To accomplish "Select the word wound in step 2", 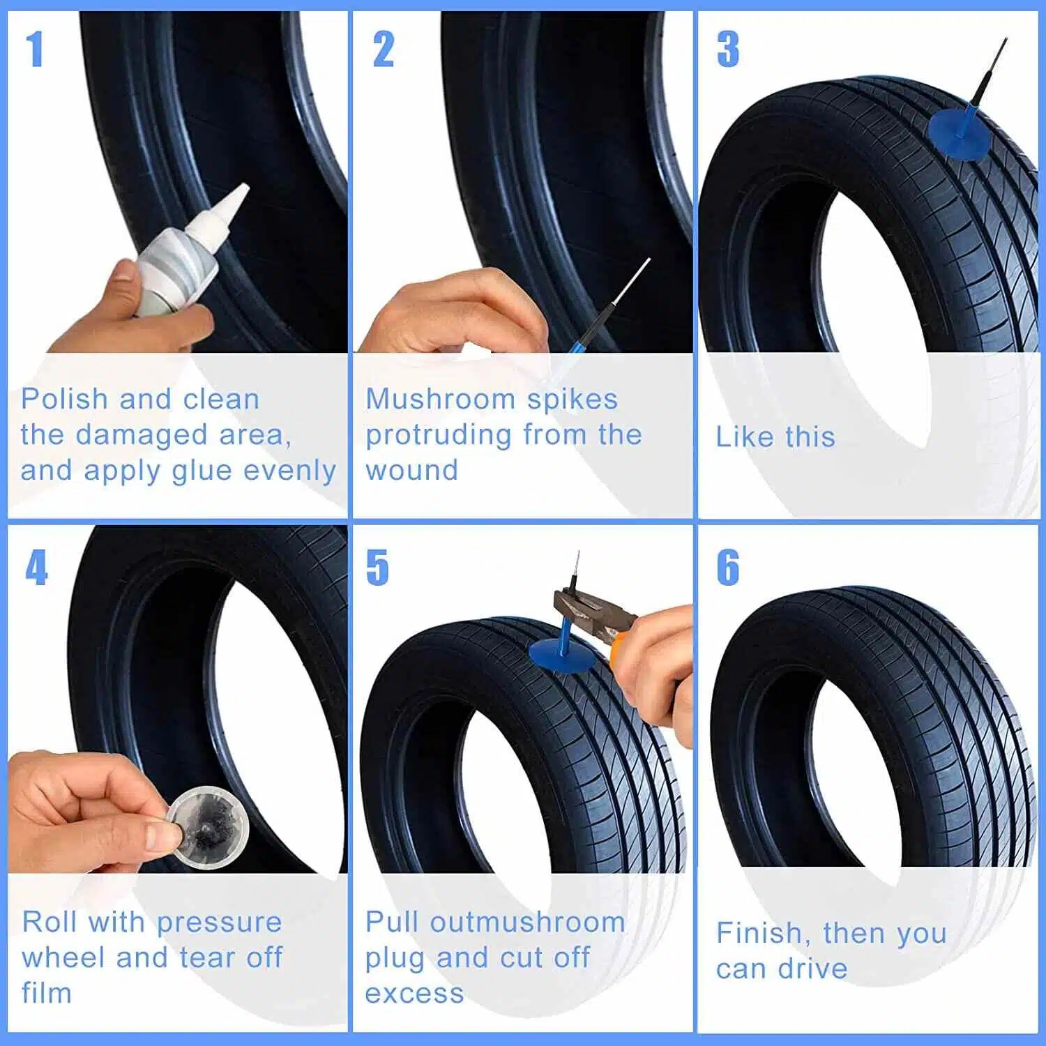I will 411,471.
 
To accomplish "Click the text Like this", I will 775,437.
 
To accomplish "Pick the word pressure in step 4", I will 219,923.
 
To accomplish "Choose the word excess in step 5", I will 414,994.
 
